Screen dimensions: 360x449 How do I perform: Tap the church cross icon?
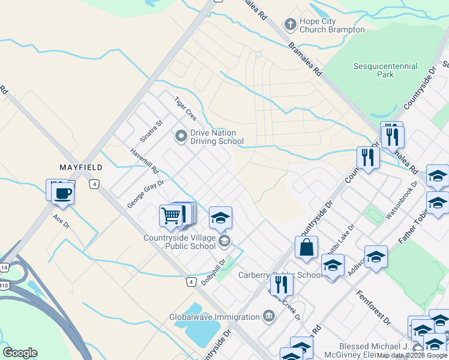(x=290, y=25)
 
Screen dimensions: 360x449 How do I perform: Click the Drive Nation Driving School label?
(x=213, y=137)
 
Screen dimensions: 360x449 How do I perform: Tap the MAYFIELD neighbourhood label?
(x=80, y=167)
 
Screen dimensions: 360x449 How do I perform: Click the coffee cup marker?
(x=62, y=194)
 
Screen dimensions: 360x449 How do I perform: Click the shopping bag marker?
(x=306, y=248)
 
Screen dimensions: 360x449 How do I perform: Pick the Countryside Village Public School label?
(x=179, y=242)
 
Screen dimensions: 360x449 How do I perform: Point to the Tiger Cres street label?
(x=185, y=109)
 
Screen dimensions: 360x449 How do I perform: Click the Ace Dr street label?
(x=61, y=221)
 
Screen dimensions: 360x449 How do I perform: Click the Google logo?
(x=20, y=353)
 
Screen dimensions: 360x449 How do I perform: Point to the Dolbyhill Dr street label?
(x=214, y=271)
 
